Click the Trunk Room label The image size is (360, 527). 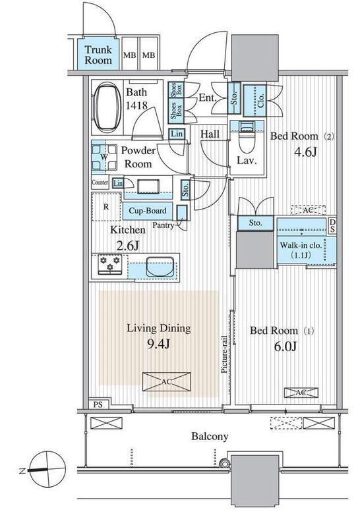pos(98,55)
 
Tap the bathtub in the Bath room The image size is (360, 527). pos(107,107)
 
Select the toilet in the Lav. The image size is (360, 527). pos(247,138)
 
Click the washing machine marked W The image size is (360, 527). pos(104,157)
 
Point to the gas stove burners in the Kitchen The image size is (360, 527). pos(109,264)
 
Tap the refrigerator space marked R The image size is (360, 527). pos(106,207)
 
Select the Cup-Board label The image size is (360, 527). pos(148,211)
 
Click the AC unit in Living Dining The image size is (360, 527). pos(167,381)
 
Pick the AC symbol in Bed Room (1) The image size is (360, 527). pos(301,393)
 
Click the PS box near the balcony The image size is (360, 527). pos(98,404)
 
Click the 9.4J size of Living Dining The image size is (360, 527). pos(159,344)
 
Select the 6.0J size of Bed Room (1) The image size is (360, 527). pos(285,346)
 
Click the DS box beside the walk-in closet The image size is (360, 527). pos(332,226)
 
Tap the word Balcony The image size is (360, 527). pos(210,437)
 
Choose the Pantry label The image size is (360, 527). pos(163,225)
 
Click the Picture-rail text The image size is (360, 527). pos(224,354)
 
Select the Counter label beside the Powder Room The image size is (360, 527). pos(100,182)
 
